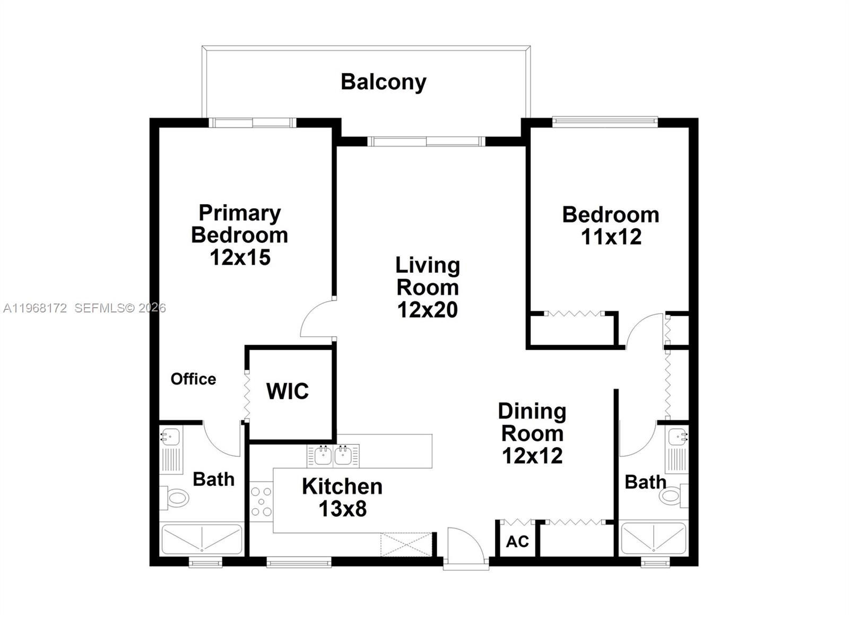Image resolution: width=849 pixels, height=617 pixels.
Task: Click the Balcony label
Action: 383,82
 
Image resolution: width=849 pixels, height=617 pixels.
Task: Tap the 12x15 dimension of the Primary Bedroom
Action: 240,257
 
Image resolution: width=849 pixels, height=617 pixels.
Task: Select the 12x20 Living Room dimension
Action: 428,310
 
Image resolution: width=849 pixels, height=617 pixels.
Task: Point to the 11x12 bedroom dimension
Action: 611,237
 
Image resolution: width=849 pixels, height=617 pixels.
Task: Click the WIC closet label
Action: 287,392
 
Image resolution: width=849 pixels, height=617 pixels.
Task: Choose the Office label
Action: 193,379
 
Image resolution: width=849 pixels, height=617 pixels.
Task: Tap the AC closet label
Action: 517,541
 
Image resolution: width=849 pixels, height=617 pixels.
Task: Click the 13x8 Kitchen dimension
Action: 342,509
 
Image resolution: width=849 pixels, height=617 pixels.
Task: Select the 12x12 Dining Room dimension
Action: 532,456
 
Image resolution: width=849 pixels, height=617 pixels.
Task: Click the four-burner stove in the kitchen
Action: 261,501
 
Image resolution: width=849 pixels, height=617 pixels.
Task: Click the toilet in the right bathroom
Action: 672,496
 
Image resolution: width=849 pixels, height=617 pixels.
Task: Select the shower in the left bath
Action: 202,539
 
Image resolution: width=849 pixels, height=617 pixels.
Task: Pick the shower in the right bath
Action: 654,539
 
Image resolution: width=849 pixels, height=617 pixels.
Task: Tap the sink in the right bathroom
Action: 678,437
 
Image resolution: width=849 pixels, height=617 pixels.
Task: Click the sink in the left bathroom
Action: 170,438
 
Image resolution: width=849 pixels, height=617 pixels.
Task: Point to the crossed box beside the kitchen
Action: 406,545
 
